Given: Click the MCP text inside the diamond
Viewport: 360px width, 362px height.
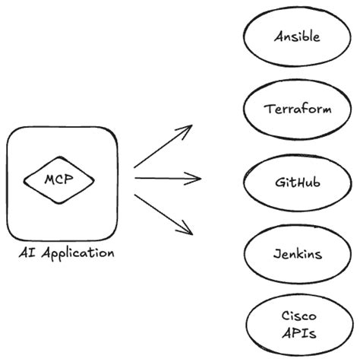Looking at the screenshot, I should tap(59, 180).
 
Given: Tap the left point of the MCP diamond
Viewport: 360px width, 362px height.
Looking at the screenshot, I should tap(24, 181).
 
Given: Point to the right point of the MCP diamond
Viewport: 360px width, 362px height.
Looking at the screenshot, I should tap(94, 181).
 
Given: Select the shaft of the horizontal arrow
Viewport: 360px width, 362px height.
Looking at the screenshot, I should tap(163, 179).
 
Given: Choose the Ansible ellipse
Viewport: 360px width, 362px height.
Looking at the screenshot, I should tap(297, 37).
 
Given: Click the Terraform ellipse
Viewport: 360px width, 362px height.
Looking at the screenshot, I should tap(297, 109).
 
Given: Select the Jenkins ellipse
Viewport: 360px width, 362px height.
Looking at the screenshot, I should tap(297, 253).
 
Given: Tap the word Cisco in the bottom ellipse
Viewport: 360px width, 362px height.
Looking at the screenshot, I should tap(298, 316).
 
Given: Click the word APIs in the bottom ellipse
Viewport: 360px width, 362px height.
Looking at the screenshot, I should tap(298, 333).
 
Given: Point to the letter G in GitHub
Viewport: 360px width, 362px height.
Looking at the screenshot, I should tap(279, 183).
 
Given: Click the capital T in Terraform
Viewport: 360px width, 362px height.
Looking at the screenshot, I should tap(268, 109).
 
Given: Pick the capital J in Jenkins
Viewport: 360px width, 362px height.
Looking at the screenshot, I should tap(276, 254).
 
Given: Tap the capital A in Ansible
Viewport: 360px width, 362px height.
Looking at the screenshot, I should tap(277, 37).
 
